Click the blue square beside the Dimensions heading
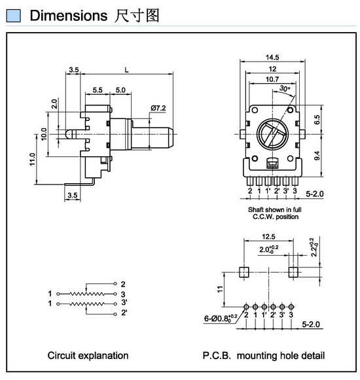[13, 15]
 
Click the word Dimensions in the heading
[69, 16]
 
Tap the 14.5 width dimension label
[272, 58]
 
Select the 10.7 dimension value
[272, 79]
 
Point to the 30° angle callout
[285, 88]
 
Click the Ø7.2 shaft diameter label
[158, 108]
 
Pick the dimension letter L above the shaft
[126, 70]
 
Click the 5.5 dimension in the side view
[98, 90]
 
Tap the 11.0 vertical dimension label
[32, 159]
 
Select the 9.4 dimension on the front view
[317, 156]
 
